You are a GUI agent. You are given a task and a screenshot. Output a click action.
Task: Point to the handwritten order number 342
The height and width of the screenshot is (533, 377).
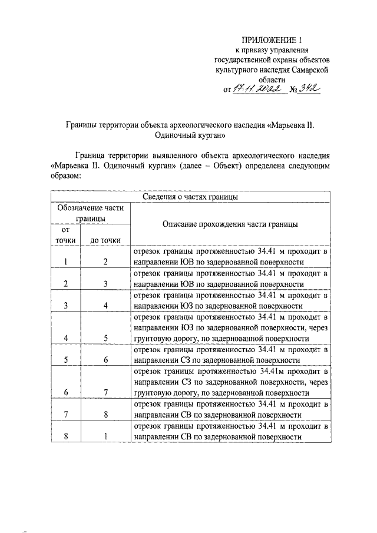click(308, 89)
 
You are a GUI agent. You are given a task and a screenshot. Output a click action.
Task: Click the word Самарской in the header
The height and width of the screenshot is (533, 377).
click(306, 69)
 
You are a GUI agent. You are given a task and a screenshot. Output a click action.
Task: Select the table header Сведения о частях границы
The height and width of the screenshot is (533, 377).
click(190, 197)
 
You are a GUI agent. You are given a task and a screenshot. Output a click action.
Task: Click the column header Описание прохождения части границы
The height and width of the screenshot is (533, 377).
click(229, 224)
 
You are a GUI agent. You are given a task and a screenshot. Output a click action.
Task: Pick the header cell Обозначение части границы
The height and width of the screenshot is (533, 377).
click(90, 213)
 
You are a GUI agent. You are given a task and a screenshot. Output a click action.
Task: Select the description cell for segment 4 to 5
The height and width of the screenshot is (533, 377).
click(229, 327)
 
